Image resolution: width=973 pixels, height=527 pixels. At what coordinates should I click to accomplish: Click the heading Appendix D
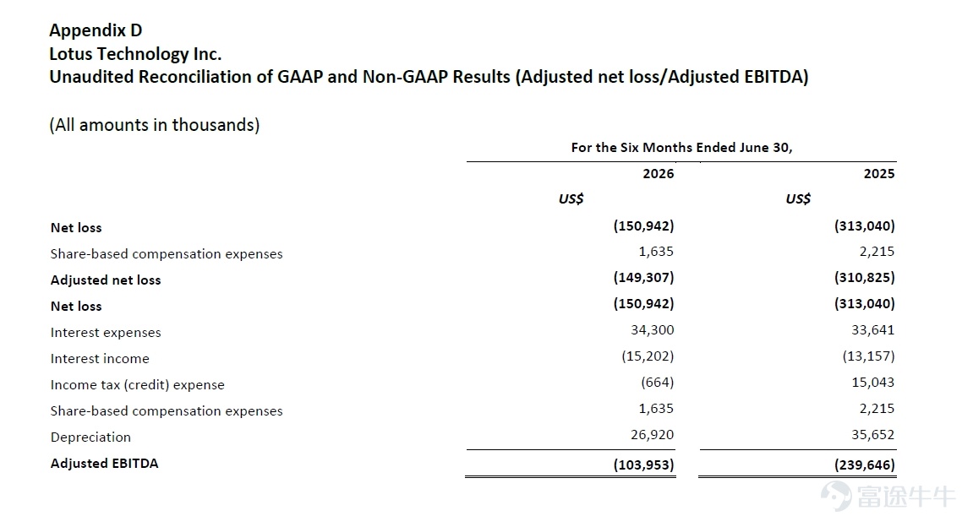click(96, 30)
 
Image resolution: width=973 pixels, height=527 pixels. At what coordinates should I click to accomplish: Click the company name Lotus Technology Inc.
click(135, 54)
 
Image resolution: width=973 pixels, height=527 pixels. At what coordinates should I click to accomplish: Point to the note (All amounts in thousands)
click(155, 125)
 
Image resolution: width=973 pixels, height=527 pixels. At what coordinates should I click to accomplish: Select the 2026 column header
click(659, 174)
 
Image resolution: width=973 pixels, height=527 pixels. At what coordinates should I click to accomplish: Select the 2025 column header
click(879, 174)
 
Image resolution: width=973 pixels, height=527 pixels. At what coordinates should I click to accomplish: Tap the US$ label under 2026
click(571, 199)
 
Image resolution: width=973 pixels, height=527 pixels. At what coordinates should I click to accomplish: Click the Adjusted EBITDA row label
click(104, 463)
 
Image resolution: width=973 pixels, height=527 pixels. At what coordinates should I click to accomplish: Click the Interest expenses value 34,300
click(652, 330)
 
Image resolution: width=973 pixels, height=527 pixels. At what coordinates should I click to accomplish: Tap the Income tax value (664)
click(657, 382)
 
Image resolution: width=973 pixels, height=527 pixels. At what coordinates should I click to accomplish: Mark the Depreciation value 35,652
click(873, 435)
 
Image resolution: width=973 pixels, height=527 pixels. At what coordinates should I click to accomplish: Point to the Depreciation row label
click(90, 437)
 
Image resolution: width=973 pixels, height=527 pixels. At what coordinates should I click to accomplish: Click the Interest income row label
click(100, 358)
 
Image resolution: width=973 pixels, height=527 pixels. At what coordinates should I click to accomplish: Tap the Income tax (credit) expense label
click(137, 384)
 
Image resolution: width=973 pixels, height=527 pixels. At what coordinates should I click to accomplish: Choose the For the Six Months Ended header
click(682, 148)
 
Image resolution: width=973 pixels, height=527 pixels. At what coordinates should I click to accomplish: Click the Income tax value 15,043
click(873, 382)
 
